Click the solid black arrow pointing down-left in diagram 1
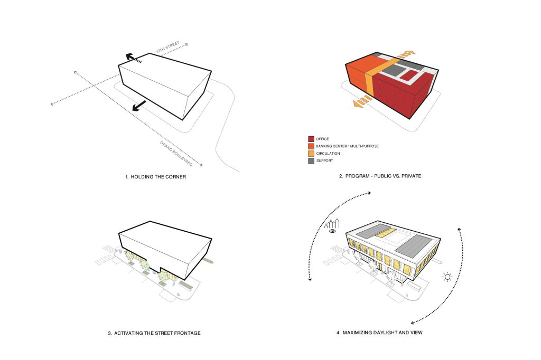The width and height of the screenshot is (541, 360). point(139,106)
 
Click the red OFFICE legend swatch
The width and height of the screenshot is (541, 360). point(311,139)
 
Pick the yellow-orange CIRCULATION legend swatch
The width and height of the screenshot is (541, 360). point(311,153)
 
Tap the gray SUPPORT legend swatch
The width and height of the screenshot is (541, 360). point(311,160)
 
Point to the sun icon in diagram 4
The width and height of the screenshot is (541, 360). point(448,276)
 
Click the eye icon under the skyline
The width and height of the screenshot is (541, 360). point(332,231)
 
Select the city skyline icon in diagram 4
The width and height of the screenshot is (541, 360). point(335,222)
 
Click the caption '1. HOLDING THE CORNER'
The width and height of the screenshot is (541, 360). point(155,176)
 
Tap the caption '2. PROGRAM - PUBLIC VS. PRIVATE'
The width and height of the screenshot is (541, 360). point(380,176)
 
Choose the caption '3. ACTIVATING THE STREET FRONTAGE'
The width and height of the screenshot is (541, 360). point(154,333)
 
